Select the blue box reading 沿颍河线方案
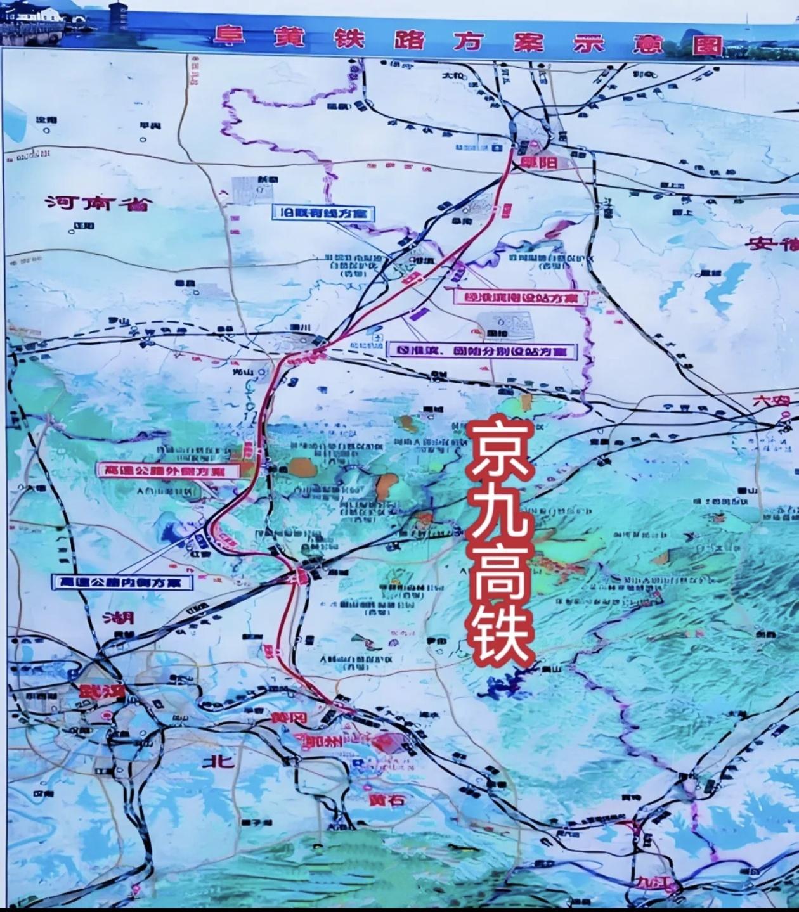tap(324, 213)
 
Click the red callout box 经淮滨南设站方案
tap(519, 297)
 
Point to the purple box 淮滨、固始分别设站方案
tap(481, 350)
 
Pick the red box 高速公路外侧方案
tap(168, 470)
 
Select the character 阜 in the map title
tap(229, 38)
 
